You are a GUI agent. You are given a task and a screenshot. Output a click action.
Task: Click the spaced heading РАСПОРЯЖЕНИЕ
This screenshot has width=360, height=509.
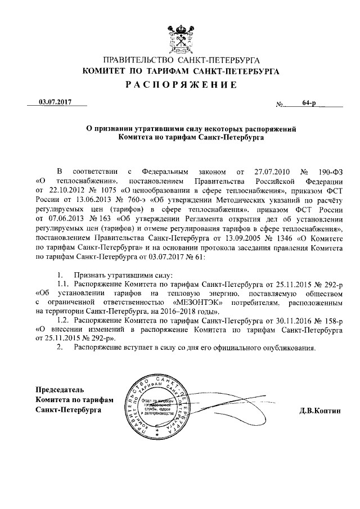180,85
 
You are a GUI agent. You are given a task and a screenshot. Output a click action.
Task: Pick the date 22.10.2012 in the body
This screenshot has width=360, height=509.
71,190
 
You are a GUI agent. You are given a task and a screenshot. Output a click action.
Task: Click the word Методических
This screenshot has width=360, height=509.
245,200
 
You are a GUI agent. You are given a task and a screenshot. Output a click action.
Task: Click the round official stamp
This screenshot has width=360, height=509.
157,409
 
